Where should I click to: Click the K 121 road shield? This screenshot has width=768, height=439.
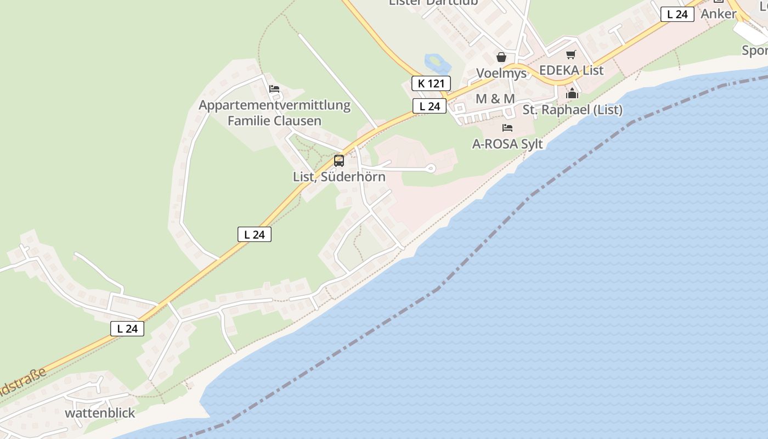[431, 83]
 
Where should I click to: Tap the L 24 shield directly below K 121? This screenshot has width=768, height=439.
[429, 106]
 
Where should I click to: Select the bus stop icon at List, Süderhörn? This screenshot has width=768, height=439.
[339, 161]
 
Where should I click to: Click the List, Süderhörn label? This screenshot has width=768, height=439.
[339, 177]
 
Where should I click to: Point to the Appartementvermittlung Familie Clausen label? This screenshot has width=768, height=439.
[274, 112]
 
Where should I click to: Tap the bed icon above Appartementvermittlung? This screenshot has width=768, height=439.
[274, 88]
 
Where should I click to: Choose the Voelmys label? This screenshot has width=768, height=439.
[501, 73]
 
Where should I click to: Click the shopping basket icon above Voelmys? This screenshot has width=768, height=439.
[501, 57]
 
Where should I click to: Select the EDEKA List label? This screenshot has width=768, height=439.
[571, 70]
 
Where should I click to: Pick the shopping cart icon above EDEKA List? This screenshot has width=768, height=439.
[571, 54]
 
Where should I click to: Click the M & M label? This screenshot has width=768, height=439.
[495, 99]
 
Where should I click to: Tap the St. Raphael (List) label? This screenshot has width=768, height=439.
[572, 110]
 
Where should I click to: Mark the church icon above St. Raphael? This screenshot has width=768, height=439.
[572, 93]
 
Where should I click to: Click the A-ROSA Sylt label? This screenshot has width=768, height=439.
[507, 144]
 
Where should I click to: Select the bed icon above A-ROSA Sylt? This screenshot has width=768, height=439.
[507, 128]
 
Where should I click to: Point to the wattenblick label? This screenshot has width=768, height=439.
[100, 413]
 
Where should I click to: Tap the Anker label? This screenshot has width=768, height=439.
[718, 14]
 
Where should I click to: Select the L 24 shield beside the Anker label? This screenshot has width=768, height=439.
[677, 14]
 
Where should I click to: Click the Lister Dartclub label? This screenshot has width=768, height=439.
[433, 2]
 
